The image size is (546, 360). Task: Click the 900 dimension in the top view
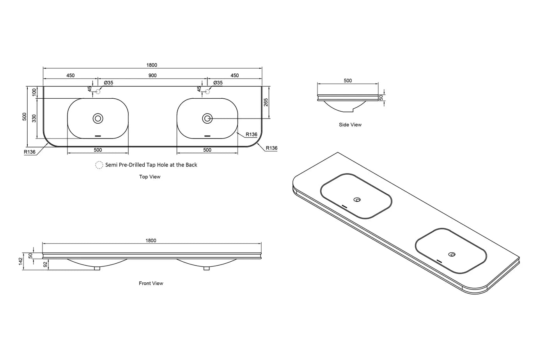coord(152,75)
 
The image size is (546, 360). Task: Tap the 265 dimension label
coord(266,102)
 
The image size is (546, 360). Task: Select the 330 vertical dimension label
coord(34,119)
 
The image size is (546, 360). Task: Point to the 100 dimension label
coord(34,92)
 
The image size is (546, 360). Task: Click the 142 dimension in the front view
coord(20,261)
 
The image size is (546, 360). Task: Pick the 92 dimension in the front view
coord(45,264)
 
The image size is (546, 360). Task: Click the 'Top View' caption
coord(150,177)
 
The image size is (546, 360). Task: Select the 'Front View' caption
coord(151,283)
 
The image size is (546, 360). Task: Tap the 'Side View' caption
coord(350,125)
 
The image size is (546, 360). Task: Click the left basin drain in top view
coord(98,119)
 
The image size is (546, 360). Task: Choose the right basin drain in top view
coord(207,119)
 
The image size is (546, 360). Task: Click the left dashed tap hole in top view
coord(98,92)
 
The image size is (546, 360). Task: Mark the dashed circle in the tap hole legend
coord(99,165)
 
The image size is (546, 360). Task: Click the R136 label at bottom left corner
coord(30,152)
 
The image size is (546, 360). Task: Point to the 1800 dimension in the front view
coord(151,241)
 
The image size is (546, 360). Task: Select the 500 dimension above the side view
coord(348,81)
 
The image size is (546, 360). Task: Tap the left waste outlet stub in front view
coord(97,268)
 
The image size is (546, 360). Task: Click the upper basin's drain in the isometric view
coord(357,200)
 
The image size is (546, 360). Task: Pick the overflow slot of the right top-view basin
coord(207,136)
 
